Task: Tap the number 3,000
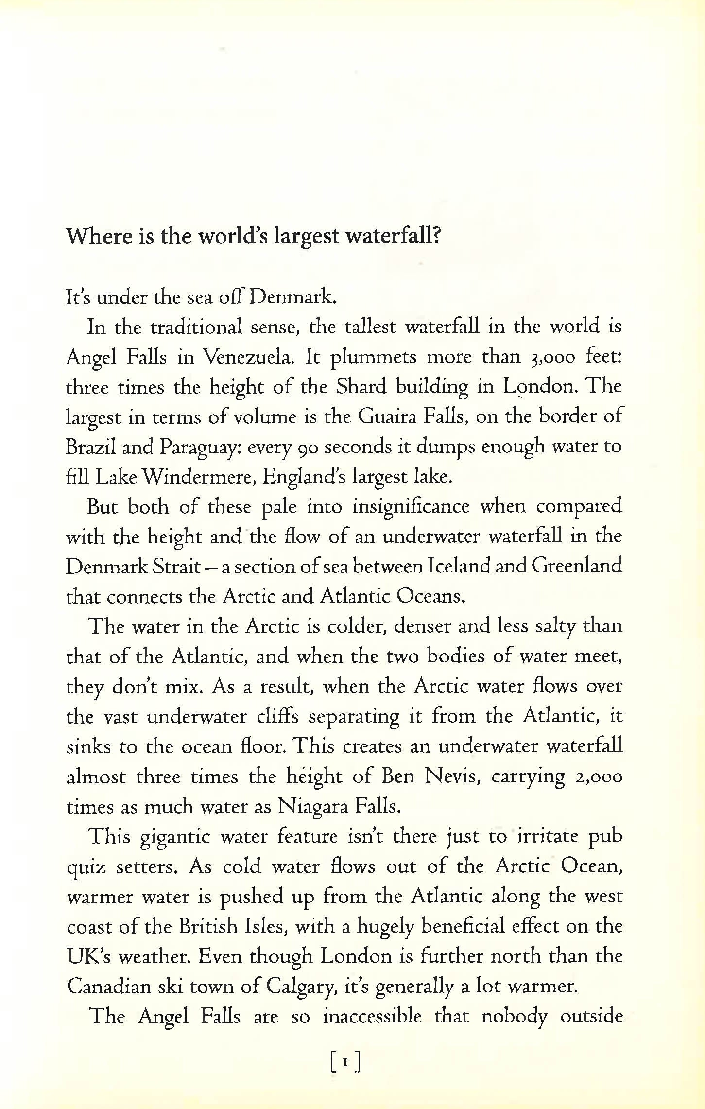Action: [550, 358]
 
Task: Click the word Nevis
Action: [452, 777]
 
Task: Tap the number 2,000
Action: [599, 777]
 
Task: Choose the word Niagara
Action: [311, 807]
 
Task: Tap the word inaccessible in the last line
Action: [372, 1017]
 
